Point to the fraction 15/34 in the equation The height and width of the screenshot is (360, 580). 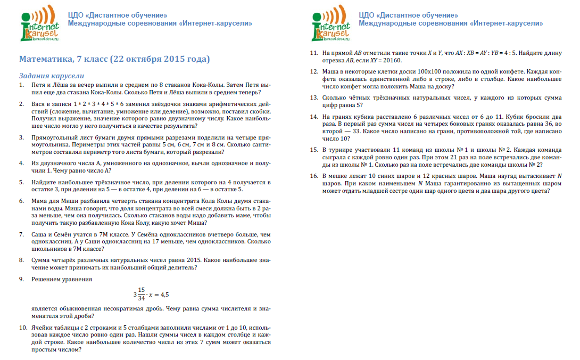(141, 293)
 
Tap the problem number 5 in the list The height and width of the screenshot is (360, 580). (22, 182)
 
